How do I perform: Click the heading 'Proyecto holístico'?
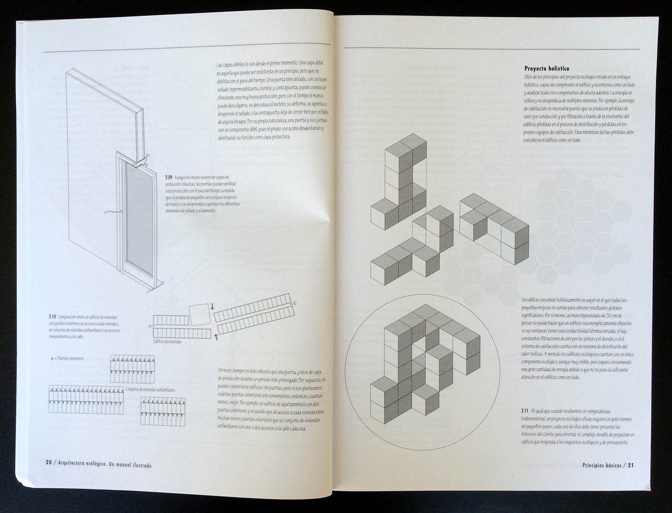pos(547,69)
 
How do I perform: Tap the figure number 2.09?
pos(170,177)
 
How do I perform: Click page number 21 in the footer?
pos(631,465)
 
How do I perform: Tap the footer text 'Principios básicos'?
pos(602,465)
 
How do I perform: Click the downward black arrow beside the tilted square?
pos(213,306)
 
